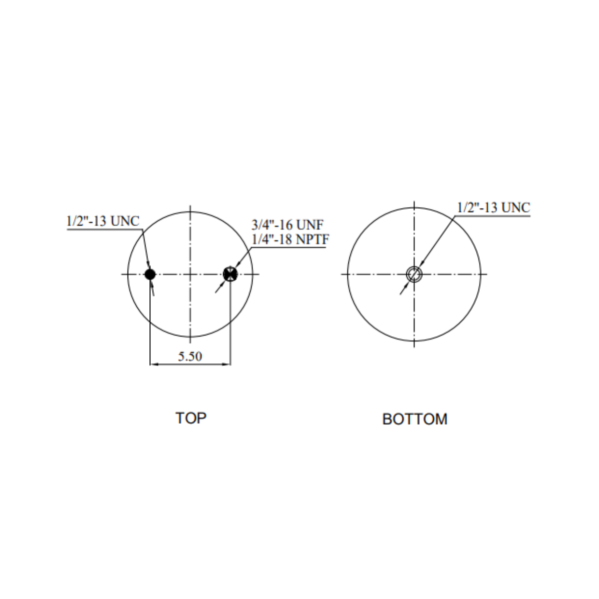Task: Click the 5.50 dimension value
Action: click(190, 356)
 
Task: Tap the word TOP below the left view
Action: click(191, 418)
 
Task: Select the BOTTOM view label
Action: click(415, 419)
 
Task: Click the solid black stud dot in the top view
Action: click(150, 275)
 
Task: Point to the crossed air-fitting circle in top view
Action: click(230, 274)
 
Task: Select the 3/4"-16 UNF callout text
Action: click(288, 225)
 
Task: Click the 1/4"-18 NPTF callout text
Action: click(290, 240)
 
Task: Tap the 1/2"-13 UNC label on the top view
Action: click(103, 221)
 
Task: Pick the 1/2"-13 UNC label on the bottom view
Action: click(494, 208)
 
